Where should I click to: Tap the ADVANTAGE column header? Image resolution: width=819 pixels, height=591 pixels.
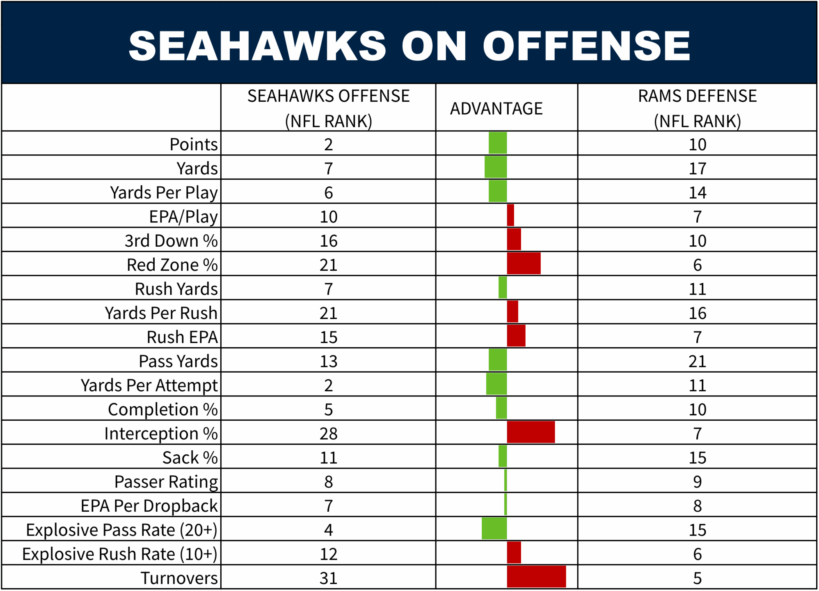tap(496, 109)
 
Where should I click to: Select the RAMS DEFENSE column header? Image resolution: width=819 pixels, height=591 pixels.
tap(697, 108)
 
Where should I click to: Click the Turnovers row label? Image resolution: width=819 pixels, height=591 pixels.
tap(179, 578)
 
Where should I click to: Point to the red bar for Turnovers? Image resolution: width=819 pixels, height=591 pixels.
tap(536, 577)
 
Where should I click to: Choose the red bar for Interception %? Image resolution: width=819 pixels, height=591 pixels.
tap(531, 432)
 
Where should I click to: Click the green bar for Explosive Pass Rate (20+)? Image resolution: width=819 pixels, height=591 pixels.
tap(494, 529)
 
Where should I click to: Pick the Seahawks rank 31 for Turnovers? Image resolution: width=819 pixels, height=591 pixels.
tap(328, 578)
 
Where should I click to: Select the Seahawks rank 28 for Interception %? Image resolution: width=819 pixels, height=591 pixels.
tap(328, 433)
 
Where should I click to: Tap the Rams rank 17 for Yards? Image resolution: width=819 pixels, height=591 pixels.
tap(697, 168)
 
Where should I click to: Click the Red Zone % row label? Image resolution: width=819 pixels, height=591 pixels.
tap(172, 265)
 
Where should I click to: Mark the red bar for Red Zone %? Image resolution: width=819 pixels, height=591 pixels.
tap(524, 263)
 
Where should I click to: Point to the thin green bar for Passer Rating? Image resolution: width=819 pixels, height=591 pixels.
tap(506, 481)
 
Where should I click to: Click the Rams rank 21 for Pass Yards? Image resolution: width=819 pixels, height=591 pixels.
tap(697, 361)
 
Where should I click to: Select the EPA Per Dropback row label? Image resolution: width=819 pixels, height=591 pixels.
tap(149, 506)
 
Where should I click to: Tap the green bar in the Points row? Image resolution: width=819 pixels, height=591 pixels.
tap(497, 143)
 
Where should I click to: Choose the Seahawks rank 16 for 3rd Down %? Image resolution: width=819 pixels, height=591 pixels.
tap(328, 241)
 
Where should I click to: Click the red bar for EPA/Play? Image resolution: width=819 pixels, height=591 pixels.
tap(510, 215)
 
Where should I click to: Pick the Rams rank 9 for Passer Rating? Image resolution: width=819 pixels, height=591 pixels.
tap(697, 482)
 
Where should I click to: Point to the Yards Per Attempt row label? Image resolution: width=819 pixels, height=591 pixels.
tap(149, 385)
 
